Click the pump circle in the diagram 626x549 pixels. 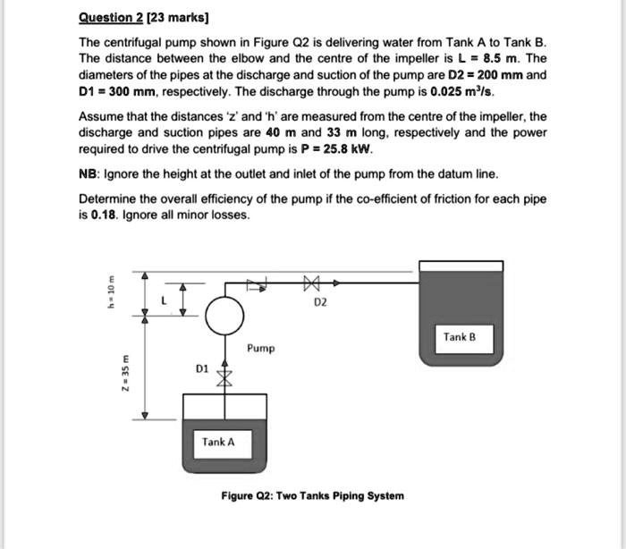[224, 314]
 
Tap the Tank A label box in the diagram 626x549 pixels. [218, 442]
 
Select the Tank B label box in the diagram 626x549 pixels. [460, 337]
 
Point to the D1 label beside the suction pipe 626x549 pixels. [201, 367]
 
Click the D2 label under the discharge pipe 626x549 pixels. [320, 303]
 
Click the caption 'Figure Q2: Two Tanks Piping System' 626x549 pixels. [312, 494]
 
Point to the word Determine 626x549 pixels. [108, 198]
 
